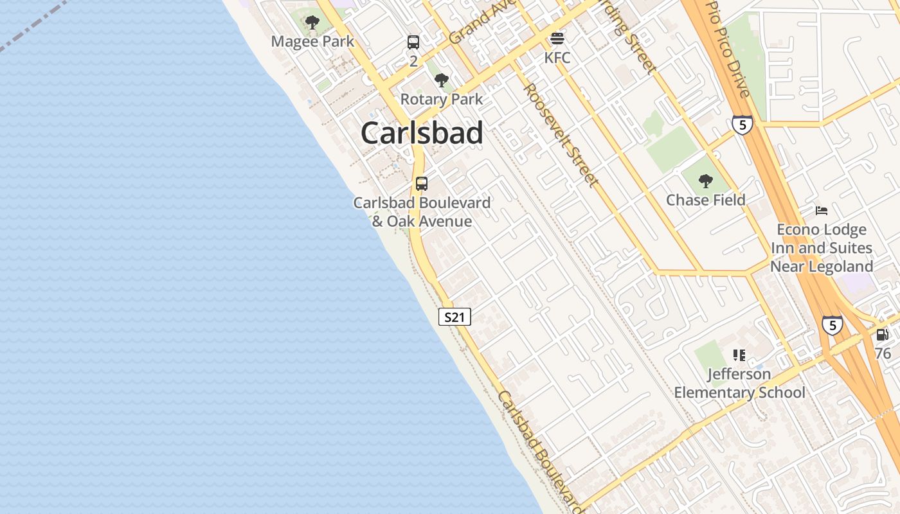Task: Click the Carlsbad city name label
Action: pos(422,133)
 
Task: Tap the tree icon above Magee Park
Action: pos(312,23)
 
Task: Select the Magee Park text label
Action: pos(312,42)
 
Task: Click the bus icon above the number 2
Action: pos(413,42)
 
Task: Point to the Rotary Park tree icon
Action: pos(441,80)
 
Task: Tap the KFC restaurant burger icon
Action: pos(557,39)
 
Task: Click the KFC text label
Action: pos(557,58)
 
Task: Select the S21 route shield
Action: pos(455,316)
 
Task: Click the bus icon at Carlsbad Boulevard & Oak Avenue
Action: pos(422,183)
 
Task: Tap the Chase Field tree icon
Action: pos(706,181)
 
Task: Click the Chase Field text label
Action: pos(706,200)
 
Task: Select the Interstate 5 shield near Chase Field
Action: pos(742,125)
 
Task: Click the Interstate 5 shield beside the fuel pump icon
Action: pos(833,325)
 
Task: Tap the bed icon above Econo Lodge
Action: pos(822,210)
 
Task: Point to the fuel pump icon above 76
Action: pos(882,335)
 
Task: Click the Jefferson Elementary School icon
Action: pos(739,355)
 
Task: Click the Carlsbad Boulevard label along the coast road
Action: pos(539,449)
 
